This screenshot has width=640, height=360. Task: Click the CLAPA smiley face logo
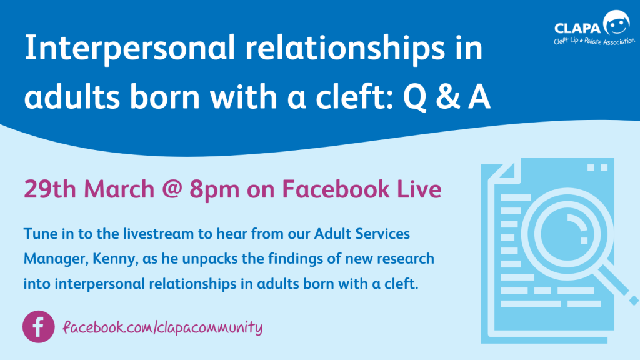[616, 22]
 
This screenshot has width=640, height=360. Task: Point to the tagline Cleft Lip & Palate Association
[594, 41]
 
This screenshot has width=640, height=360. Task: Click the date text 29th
[50, 189]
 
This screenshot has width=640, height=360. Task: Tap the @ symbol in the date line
[172, 189]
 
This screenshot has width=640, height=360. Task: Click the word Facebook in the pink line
[336, 189]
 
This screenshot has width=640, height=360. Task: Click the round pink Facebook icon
[38, 327]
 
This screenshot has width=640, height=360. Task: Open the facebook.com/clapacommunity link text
[162, 327]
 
